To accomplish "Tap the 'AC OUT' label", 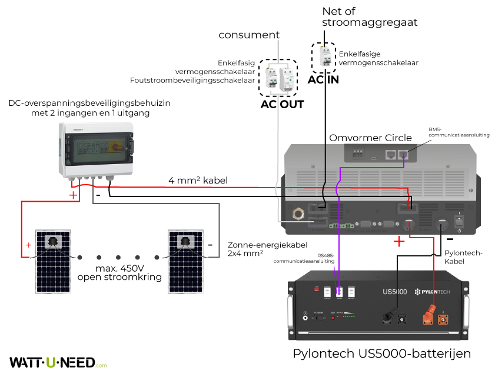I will [x=282, y=105].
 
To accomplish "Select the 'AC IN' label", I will [x=323, y=79].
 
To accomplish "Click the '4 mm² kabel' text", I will [x=198, y=180].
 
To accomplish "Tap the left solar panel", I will [x=52, y=261].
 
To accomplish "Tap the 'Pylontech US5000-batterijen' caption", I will [x=381, y=354].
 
